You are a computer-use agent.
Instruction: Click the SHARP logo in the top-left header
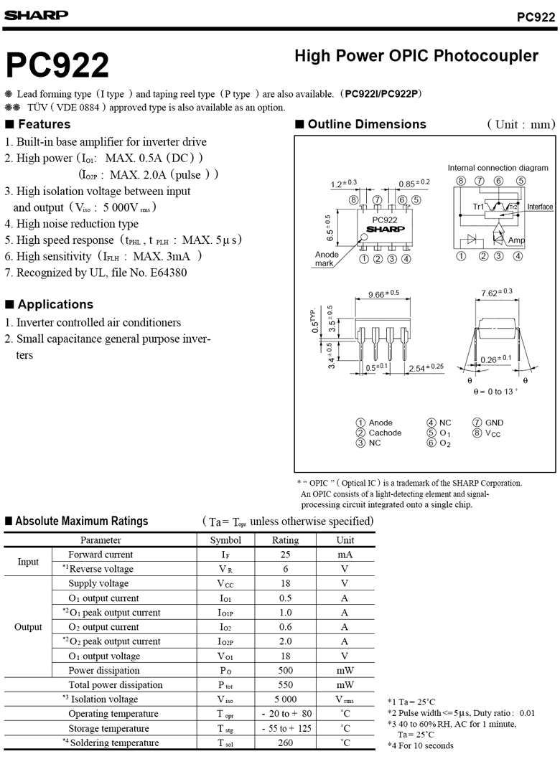coord(35,14)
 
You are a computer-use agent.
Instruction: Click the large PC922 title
coord(57,65)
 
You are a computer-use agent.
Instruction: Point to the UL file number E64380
coord(167,273)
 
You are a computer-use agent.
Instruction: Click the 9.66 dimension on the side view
coord(383,294)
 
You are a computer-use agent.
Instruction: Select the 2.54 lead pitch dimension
coord(425,368)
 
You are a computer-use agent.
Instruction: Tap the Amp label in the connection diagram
coord(516,240)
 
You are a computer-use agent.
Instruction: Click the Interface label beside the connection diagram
coord(540,207)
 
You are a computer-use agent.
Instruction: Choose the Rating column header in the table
coord(285,540)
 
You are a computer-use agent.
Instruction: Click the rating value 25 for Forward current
coord(285,555)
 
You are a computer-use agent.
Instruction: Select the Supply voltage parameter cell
coord(98,583)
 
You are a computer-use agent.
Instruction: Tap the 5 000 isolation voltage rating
coord(285,699)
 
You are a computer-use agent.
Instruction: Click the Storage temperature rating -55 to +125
coord(286,728)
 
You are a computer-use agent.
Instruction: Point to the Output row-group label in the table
coord(28,627)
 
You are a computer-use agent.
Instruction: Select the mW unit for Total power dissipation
coord(345,685)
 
